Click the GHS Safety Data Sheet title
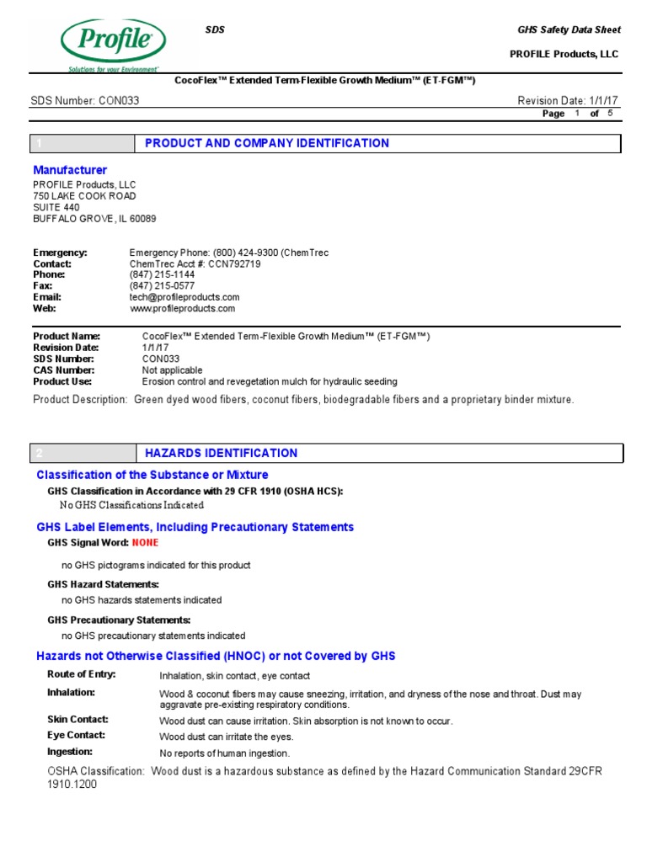point(569,29)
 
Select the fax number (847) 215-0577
point(162,286)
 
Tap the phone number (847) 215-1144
point(162,275)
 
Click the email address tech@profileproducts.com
point(184,297)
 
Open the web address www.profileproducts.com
point(182,309)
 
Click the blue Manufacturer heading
point(70,170)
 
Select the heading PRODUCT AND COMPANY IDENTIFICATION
point(267,143)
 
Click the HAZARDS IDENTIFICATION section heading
point(221,453)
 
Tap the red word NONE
point(145,544)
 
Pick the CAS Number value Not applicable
point(172,370)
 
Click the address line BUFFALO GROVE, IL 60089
point(94,219)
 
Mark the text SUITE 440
point(56,207)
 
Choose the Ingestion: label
point(70,752)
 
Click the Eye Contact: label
point(76,735)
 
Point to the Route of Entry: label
point(82,674)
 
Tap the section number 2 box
point(83,453)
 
